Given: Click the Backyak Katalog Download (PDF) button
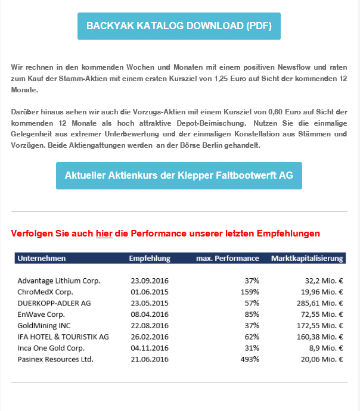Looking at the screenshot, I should (179, 26).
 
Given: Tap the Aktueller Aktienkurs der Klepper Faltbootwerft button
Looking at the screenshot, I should (179, 176).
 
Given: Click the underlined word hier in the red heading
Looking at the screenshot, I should (104, 233).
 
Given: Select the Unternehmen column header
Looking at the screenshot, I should (42, 259).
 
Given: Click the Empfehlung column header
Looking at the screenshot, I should (150, 259).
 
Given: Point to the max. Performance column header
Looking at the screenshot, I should (228, 259).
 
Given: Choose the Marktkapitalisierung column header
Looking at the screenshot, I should (307, 259).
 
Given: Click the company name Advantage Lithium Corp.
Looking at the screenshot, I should (59, 281).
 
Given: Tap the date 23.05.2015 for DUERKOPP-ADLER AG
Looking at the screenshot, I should (150, 303).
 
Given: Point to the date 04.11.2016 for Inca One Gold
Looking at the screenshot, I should (150, 348).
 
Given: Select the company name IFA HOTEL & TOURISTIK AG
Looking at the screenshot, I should (63, 337).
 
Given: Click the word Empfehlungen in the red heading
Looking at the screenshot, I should (288, 233).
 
